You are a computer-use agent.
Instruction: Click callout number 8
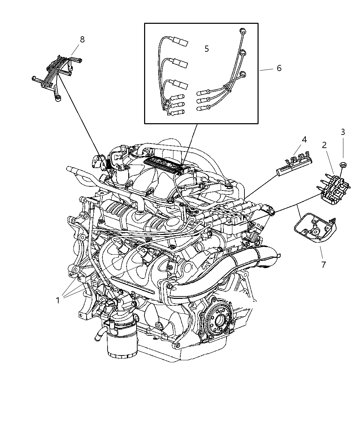pyautogui.click(x=82, y=40)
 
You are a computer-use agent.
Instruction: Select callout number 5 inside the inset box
pyautogui.click(x=207, y=49)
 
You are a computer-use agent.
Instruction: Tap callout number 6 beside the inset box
pyautogui.click(x=279, y=68)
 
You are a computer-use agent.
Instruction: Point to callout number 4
pyautogui.click(x=304, y=140)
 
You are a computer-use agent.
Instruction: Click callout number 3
pyautogui.click(x=343, y=132)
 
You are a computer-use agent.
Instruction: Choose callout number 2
pyautogui.click(x=324, y=145)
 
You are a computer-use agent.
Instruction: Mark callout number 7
pyautogui.click(x=323, y=265)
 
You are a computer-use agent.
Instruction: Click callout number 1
pyautogui.click(x=58, y=301)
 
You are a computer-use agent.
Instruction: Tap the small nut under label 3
pyautogui.click(x=343, y=164)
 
